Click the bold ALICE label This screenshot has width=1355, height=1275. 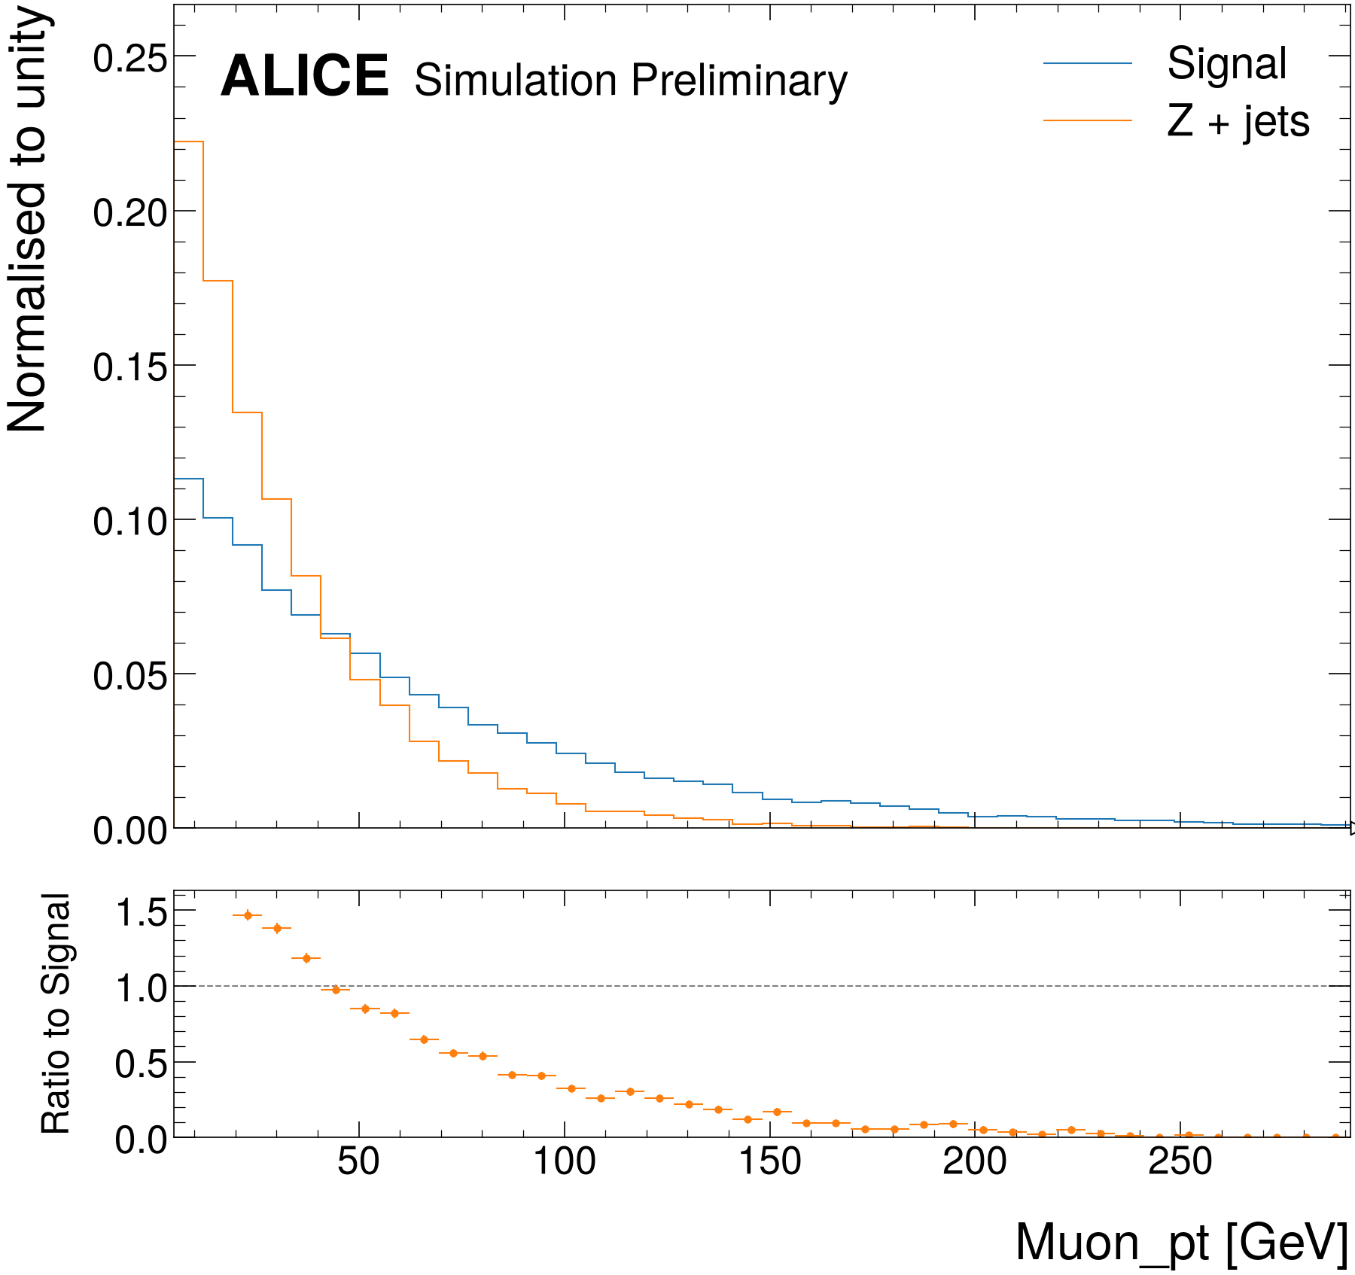[x=304, y=76]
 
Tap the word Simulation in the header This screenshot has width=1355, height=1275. [x=516, y=80]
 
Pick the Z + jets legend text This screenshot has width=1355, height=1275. [x=1238, y=121]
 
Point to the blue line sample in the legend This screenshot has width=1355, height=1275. [x=1088, y=63]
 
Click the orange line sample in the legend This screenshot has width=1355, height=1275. [x=1088, y=120]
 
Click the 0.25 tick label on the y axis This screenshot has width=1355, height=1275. [x=129, y=58]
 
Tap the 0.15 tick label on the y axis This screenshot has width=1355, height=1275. [x=129, y=367]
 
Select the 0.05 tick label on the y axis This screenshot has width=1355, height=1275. [x=129, y=676]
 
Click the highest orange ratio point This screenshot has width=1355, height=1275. [x=247, y=915]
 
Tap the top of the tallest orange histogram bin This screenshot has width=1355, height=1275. [x=188, y=141]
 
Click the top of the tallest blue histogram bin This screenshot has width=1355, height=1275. [x=188, y=479]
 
